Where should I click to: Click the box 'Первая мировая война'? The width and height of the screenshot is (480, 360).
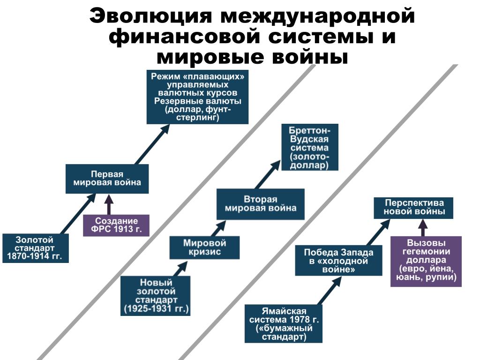(x=107, y=179)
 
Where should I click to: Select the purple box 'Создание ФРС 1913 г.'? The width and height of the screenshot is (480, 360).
(x=116, y=225)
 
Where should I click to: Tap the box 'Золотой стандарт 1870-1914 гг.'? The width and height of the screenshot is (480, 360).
(x=35, y=248)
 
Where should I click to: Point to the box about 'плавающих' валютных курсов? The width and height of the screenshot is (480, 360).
(x=197, y=97)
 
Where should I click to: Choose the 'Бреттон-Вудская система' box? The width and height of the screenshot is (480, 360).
(x=309, y=147)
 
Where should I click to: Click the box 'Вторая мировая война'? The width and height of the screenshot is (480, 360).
(x=260, y=204)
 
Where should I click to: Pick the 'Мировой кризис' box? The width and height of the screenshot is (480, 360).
(x=204, y=247)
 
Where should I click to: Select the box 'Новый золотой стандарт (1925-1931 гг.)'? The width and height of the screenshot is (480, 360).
(x=156, y=296)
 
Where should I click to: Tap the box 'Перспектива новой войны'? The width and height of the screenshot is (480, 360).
(x=414, y=208)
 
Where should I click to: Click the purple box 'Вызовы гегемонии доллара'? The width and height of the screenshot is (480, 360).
(x=426, y=261)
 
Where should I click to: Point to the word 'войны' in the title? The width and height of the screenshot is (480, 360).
(x=314, y=57)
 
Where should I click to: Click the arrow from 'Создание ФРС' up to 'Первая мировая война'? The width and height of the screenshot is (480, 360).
(x=109, y=204)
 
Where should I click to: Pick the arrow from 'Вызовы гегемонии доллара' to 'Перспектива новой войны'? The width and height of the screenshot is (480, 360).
(x=423, y=228)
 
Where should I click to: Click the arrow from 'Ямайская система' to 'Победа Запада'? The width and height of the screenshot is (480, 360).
(x=330, y=291)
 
